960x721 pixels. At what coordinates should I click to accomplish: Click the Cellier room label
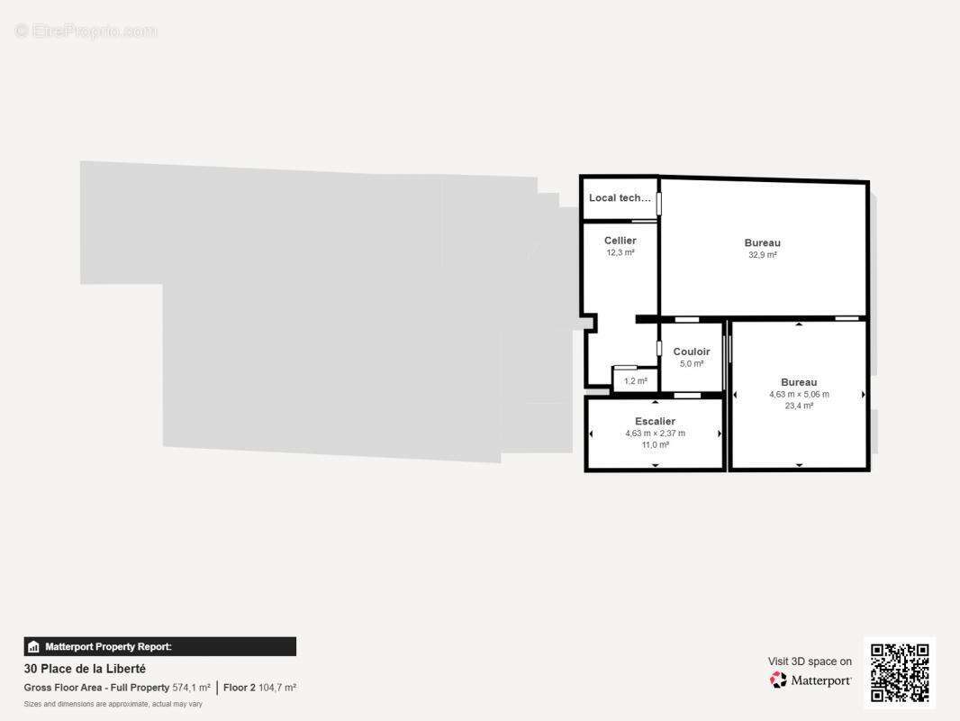620,241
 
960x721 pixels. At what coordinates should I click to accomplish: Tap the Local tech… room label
620,198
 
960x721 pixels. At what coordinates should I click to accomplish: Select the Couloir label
692,352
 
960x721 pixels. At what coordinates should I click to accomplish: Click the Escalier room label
655,422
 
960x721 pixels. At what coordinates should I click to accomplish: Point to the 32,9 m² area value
762,255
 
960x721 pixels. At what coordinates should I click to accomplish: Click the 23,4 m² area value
799,406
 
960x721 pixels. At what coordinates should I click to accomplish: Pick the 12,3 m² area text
620,253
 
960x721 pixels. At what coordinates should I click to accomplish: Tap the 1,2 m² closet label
636,381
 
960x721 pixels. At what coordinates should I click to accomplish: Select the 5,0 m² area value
692,364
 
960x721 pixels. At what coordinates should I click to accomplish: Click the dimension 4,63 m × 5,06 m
799,395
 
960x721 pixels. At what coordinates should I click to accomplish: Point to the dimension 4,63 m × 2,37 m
655,434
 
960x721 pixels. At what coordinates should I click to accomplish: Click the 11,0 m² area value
655,445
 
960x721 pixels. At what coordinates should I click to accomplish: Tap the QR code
900,673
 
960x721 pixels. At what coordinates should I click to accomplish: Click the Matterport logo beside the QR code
811,680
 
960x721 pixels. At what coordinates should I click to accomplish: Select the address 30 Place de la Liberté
85,669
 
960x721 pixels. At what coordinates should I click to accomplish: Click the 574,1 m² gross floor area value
191,688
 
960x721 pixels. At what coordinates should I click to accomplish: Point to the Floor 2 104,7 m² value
259,688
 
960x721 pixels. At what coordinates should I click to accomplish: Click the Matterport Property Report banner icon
34,646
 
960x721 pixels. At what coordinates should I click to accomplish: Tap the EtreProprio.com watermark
86,32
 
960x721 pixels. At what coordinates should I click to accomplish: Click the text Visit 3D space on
810,662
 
